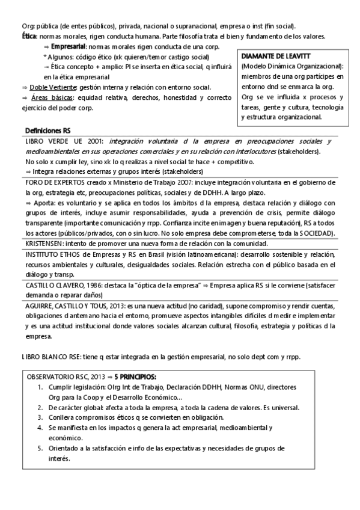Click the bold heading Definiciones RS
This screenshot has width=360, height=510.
(48, 130)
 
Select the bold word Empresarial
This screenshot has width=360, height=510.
(69, 46)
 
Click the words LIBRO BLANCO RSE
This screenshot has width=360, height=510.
(50, 357)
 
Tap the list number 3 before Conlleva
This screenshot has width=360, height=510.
(41, 417)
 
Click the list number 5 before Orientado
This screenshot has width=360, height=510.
(41, 448)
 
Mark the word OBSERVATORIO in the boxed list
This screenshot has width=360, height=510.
(55, 376)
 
